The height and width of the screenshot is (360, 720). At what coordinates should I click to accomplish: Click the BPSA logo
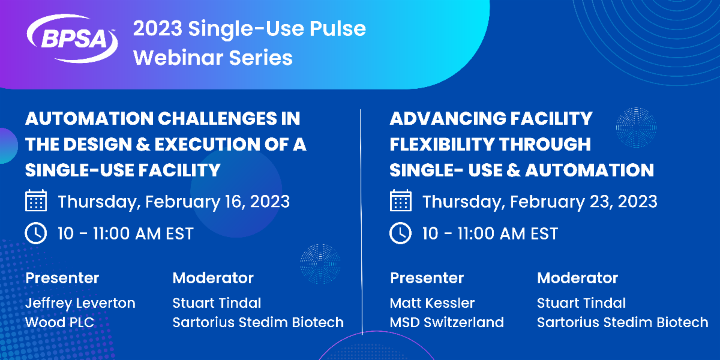[x=71, y=39]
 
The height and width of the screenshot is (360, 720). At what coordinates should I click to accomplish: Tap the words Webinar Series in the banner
[x=212, y=58]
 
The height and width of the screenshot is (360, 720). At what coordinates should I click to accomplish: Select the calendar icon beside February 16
[x=36, y=200]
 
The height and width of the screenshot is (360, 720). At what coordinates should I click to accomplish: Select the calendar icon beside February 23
[x=400, y=200]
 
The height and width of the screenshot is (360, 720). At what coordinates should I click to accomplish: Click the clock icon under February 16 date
[x=36, y=233]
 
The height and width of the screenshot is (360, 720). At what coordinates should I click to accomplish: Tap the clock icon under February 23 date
[x=400, y=233]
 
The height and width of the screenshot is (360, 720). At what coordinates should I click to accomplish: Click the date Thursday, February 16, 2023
[x=173, y=201]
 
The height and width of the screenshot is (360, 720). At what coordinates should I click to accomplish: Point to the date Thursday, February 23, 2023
[x=539, y=201]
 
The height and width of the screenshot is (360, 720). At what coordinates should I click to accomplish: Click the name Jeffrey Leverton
[x=80, y=303]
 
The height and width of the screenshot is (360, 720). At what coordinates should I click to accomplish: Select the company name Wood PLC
[x=59, y=322]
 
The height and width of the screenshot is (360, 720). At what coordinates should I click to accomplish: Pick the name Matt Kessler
[x=432, y=303]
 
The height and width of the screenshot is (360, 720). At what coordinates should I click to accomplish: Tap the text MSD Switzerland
[x=446, y=322]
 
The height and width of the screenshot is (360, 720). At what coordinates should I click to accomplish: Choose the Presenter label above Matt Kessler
[x=427, y=278]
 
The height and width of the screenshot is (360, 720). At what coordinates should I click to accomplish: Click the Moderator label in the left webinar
[x=213, y=278]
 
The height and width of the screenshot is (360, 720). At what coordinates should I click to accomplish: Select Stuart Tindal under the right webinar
[x=581, y=303]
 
